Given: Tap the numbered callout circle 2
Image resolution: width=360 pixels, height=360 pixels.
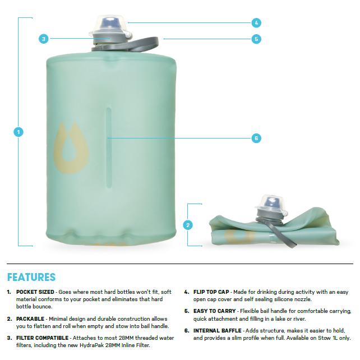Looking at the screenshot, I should tap(188, 225).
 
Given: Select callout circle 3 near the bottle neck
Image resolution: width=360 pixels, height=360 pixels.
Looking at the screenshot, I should tap(44, 39).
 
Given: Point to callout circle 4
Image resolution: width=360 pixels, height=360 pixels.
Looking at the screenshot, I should tap(256, 23).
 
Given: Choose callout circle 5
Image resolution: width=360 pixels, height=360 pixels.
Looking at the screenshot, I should tap(256, 39).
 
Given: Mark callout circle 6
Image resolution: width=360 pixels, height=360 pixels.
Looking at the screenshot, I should tap(256, 137).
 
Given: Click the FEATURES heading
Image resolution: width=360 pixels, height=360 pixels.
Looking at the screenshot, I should tap(31, 277).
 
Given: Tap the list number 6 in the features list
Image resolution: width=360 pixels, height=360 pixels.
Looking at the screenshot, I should tap(186, 331).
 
